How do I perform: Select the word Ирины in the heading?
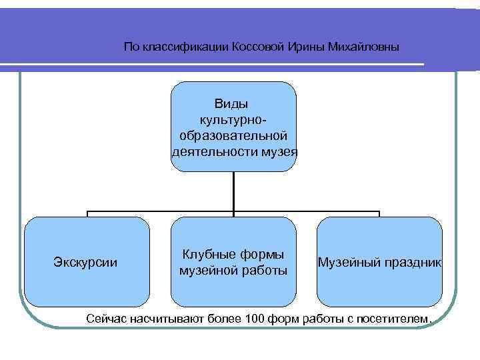tap(306, 47)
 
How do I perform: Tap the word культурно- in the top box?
tap(233, 119)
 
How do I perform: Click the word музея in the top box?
tap(279, 151)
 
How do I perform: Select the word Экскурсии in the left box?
tap(85, 262)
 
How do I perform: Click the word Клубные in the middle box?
tap(205, 254)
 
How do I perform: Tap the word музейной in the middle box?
tap(206, 271)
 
